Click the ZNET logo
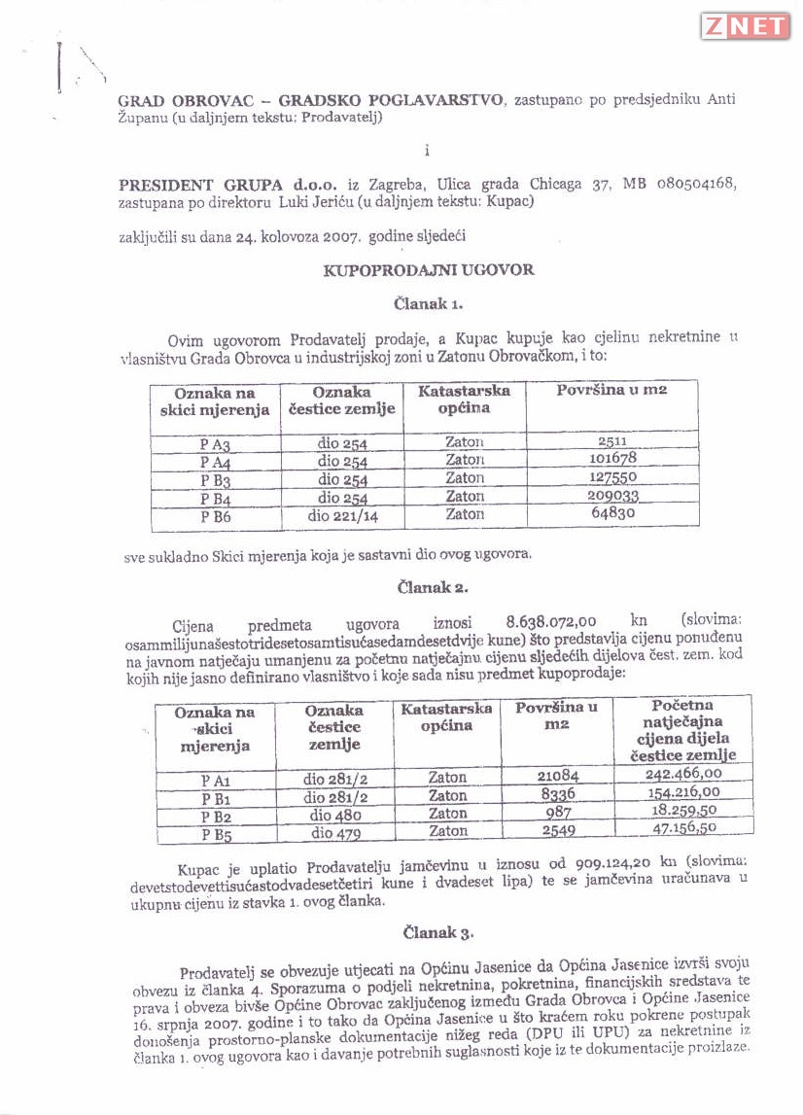pos(745,26)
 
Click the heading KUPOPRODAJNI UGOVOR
pos(429,269)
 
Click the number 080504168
pos(692,184)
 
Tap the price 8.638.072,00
pos(551,621)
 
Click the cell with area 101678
pos(612,459)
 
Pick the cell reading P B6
pos(216,516)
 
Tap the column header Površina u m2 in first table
pos(611,391)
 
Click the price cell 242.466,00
pos(683,774)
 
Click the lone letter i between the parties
pos(427,151)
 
